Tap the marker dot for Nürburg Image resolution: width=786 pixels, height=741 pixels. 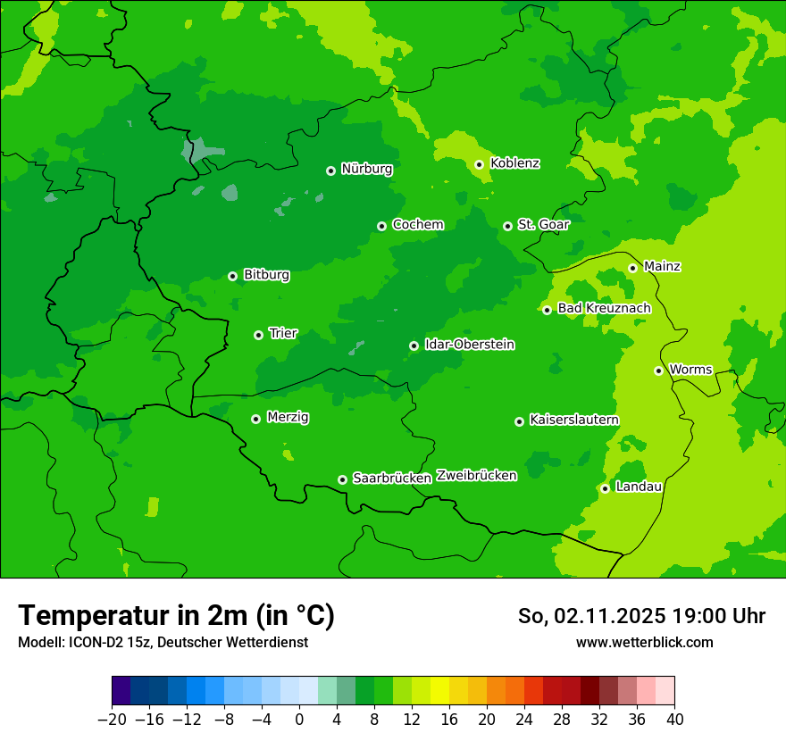[x=330, y=171]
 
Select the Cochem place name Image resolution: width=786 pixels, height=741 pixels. [x=417, y=225]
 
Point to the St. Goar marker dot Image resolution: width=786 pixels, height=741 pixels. [x=507, y=226]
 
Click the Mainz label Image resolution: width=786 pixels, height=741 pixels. [x=662, y=267]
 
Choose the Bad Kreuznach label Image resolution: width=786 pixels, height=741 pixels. [x=604, y=309]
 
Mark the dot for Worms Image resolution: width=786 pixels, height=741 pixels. [x=658, y=370]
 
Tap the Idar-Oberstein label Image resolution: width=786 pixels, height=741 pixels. [x=469, y=345]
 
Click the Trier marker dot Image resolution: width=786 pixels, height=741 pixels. [x=258, y=335]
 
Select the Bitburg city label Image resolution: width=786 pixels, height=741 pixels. [x=266, y=275]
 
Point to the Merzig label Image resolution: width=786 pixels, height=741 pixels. [x=288, y=418]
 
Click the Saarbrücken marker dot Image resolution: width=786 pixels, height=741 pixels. [x=342, y=479]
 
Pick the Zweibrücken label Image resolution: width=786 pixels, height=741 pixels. [x=476, y=476]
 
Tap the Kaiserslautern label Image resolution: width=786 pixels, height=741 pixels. [x=573, y=420]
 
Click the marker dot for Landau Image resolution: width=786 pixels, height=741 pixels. [x=605, y=488]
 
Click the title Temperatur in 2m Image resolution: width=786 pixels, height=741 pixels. [x=176, y=616]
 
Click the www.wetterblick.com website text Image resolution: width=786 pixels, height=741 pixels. [x=644, y=643]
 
